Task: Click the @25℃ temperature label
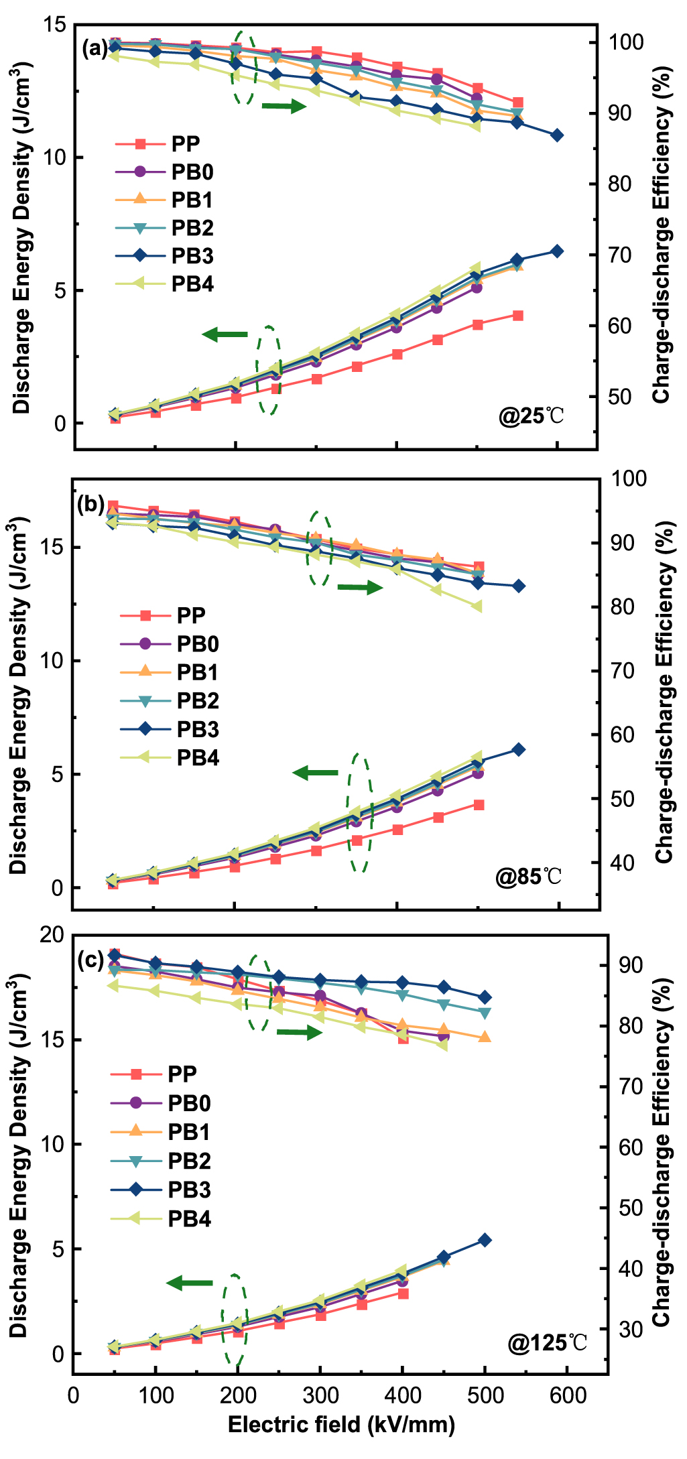point(532,416)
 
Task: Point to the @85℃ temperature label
point(529,877)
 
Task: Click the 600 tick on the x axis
point(568,1395)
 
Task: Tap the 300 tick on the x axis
point(320,1395)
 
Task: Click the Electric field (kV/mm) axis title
point(341,1425)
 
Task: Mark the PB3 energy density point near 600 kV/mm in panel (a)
point(556,251)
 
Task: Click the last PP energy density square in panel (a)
point(517,316)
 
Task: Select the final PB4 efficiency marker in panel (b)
point(477,607)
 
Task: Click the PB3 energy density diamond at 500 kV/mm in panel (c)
point(485,1241)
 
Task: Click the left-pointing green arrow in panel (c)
point(190,1283)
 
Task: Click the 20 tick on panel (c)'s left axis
point(52,936)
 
